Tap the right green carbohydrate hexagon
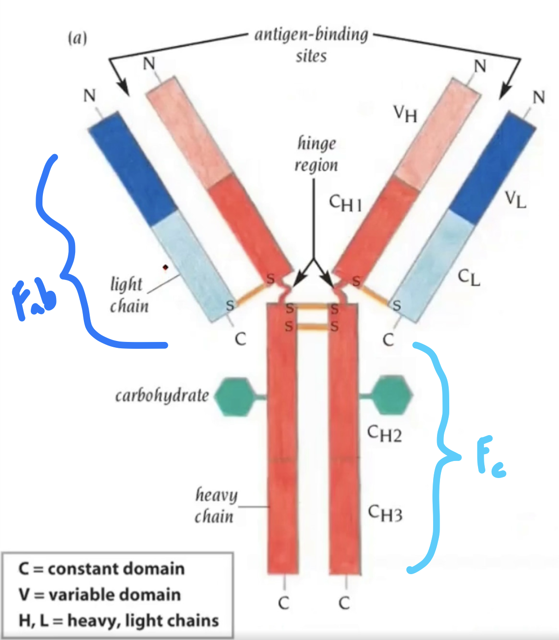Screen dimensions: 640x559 [392, 395]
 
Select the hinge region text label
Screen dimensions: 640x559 [316, 154]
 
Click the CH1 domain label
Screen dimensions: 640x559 [345, 203]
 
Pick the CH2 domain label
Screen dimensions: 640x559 [384, 433]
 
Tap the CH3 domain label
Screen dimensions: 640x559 [385, 513]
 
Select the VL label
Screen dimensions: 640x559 [516, 199]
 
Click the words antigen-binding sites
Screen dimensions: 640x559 [311, 44]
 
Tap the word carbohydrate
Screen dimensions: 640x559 [162, 396]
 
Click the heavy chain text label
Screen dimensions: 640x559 [215, 505]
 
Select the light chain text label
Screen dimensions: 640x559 [128, 295]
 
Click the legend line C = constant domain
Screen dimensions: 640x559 [101, 569]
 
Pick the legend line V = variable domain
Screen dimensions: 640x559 [100, 595]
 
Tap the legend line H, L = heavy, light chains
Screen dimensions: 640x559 [119, 620]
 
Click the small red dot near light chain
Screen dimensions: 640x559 [166, 267]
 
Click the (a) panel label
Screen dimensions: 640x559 [78, 38]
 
